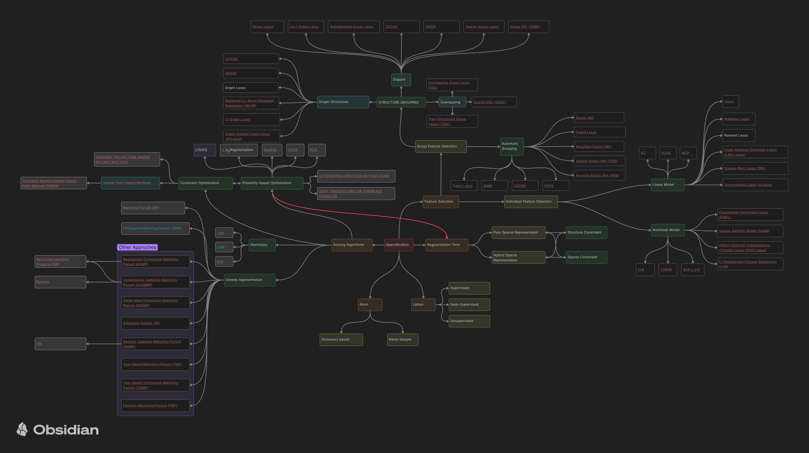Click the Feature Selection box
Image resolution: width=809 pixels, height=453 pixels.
[440, 202]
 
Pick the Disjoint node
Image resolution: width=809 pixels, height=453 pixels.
[401, 80]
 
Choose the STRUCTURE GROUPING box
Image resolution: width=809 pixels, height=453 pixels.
[401, 102]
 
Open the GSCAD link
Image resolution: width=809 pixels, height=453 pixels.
[391, 27]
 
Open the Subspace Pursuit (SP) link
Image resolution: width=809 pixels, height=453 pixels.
[141, 323]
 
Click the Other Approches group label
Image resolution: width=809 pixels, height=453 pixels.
[137, 248]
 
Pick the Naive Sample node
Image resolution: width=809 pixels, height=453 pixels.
[402, 340]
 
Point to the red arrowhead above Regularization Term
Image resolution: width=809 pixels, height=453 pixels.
[447, 237]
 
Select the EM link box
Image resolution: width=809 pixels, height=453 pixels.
[60, 344]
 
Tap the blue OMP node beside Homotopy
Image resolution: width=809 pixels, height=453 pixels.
[224, 248]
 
